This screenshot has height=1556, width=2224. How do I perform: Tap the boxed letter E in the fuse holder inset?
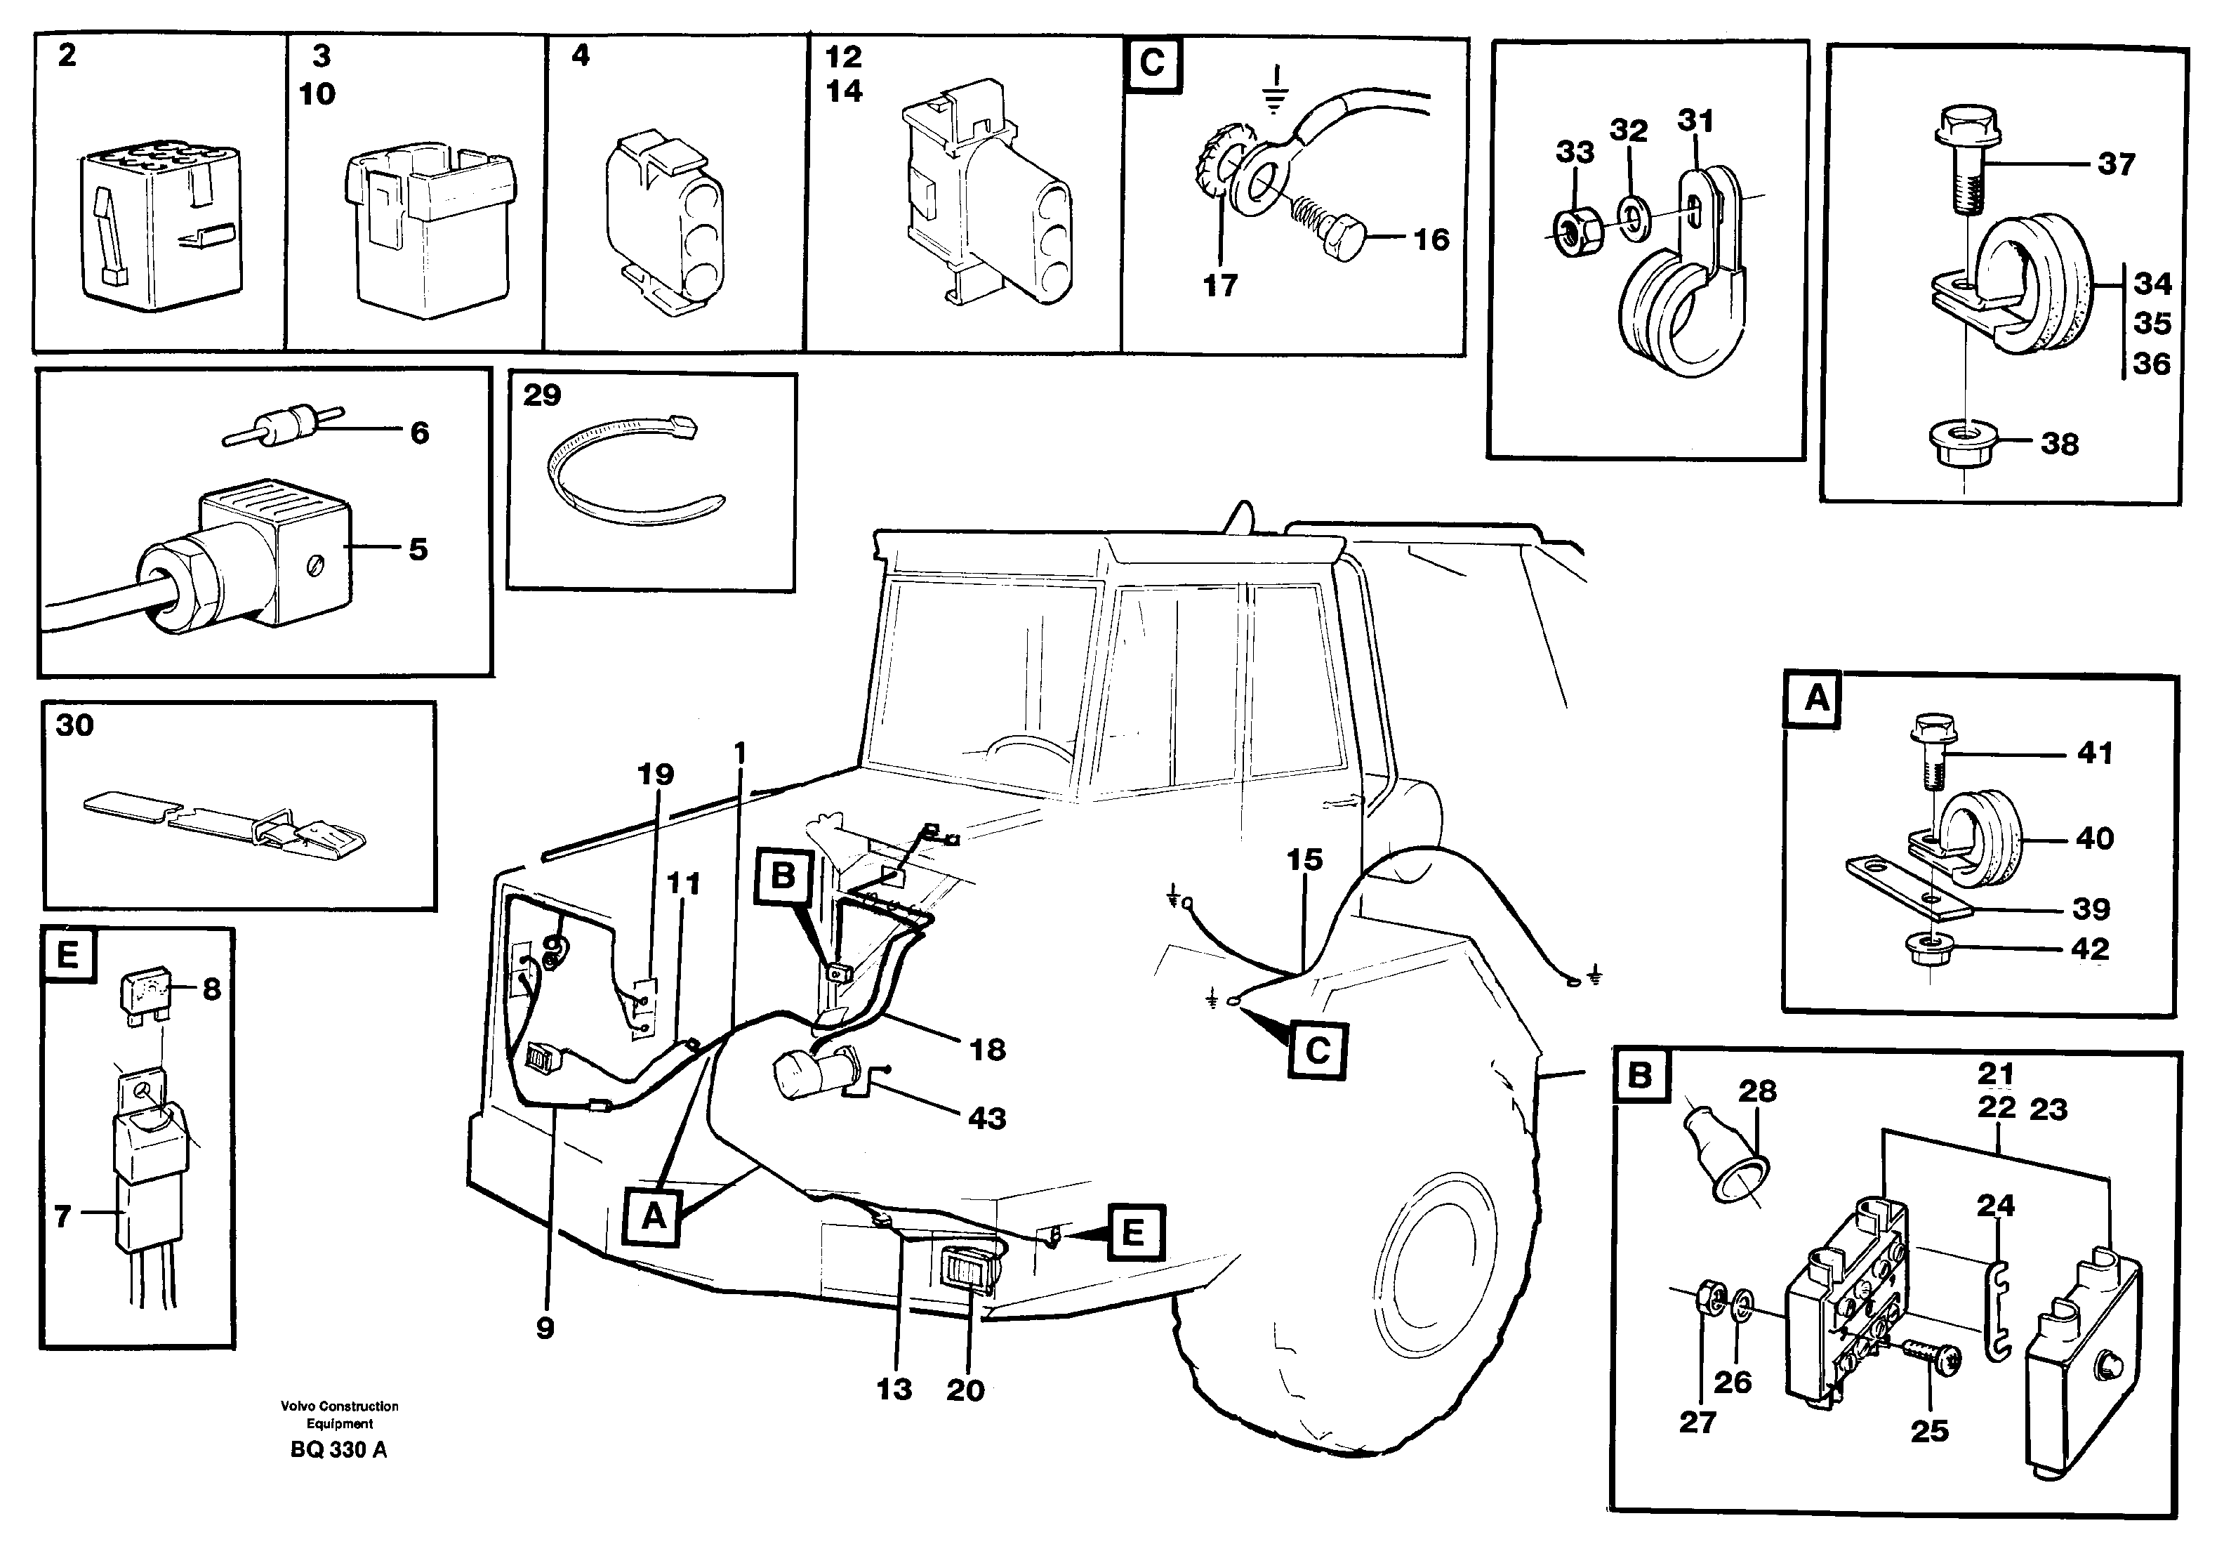coord(68,956)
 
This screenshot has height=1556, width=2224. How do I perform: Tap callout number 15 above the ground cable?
coord(1304,859)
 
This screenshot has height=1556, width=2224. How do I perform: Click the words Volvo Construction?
coord(339,1406)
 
